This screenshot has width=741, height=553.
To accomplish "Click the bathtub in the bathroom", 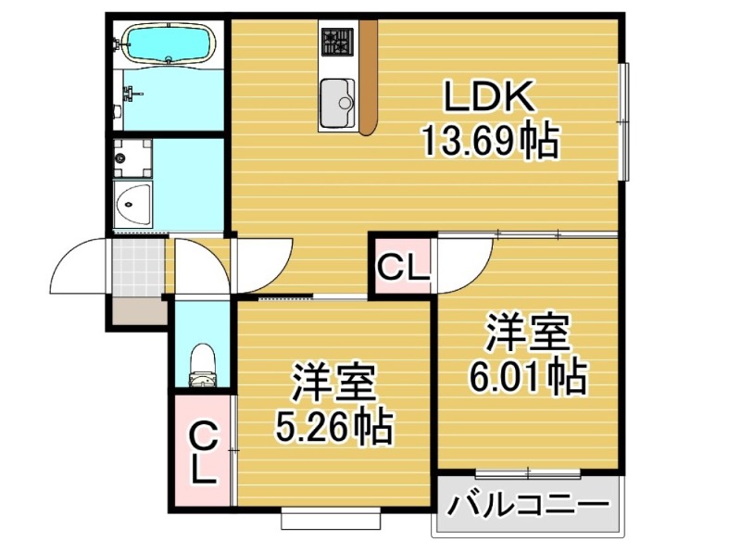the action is pos(169,44).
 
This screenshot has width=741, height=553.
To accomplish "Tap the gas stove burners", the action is pos(337,41).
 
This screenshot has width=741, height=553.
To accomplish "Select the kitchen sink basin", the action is pos(337,103).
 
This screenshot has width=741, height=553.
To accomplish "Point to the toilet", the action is pos(202,365).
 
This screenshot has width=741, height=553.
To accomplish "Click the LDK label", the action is pos(489,97).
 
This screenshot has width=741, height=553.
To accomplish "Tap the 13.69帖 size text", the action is pos(491,141).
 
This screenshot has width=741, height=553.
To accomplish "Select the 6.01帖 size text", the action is pos(528,377).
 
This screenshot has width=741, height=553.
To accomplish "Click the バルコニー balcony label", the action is pos(528,506).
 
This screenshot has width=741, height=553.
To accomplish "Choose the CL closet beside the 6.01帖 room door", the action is pos(403,267).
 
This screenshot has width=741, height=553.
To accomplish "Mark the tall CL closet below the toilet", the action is pos(204,453).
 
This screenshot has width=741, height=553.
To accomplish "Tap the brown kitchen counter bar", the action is pos(368,77).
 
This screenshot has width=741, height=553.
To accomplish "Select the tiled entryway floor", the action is pos(139,266).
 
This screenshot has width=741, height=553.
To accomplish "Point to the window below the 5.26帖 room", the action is pos(331,519).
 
